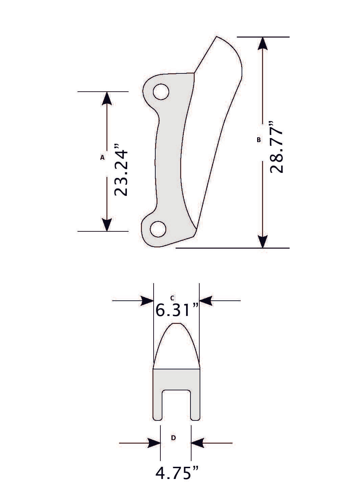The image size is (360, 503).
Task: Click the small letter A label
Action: (102, 157)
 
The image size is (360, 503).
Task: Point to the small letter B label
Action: (259, 139)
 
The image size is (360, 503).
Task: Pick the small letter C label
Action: (172, 298)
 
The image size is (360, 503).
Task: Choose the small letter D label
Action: (173, 438)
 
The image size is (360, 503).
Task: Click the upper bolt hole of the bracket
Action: (161, 92)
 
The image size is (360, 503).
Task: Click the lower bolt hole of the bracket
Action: (158, 229)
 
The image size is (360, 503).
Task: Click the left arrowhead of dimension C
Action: (147, 300)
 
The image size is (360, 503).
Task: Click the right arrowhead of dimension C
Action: (206, 300)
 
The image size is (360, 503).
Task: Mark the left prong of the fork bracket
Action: (158, 406)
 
